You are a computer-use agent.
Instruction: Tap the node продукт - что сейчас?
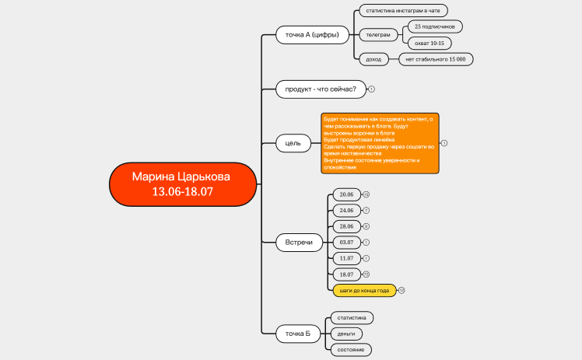[320, 89]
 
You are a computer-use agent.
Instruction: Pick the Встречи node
[299, 243]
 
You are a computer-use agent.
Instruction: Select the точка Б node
[297, 334]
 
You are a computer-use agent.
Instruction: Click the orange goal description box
[380, 143]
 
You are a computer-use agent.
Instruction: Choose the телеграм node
[378, 35]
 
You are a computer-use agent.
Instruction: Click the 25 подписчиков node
[435, 26]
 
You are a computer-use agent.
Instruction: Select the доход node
[373, 59]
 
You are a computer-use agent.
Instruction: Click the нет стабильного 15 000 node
[435, 59]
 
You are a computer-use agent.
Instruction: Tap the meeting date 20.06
[345, 194]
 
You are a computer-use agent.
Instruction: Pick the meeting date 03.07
[345, 243]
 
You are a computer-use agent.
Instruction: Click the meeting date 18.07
[345, 274]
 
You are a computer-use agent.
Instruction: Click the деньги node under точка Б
[347, 334]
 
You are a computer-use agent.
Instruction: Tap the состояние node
[351, 350]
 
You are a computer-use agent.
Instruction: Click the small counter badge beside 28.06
[366, 226]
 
